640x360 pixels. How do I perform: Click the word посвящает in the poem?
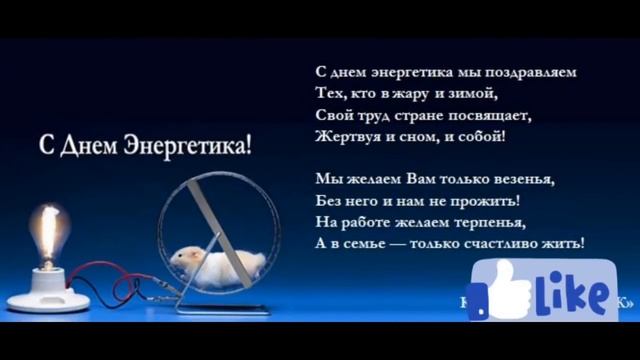(491, 115)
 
